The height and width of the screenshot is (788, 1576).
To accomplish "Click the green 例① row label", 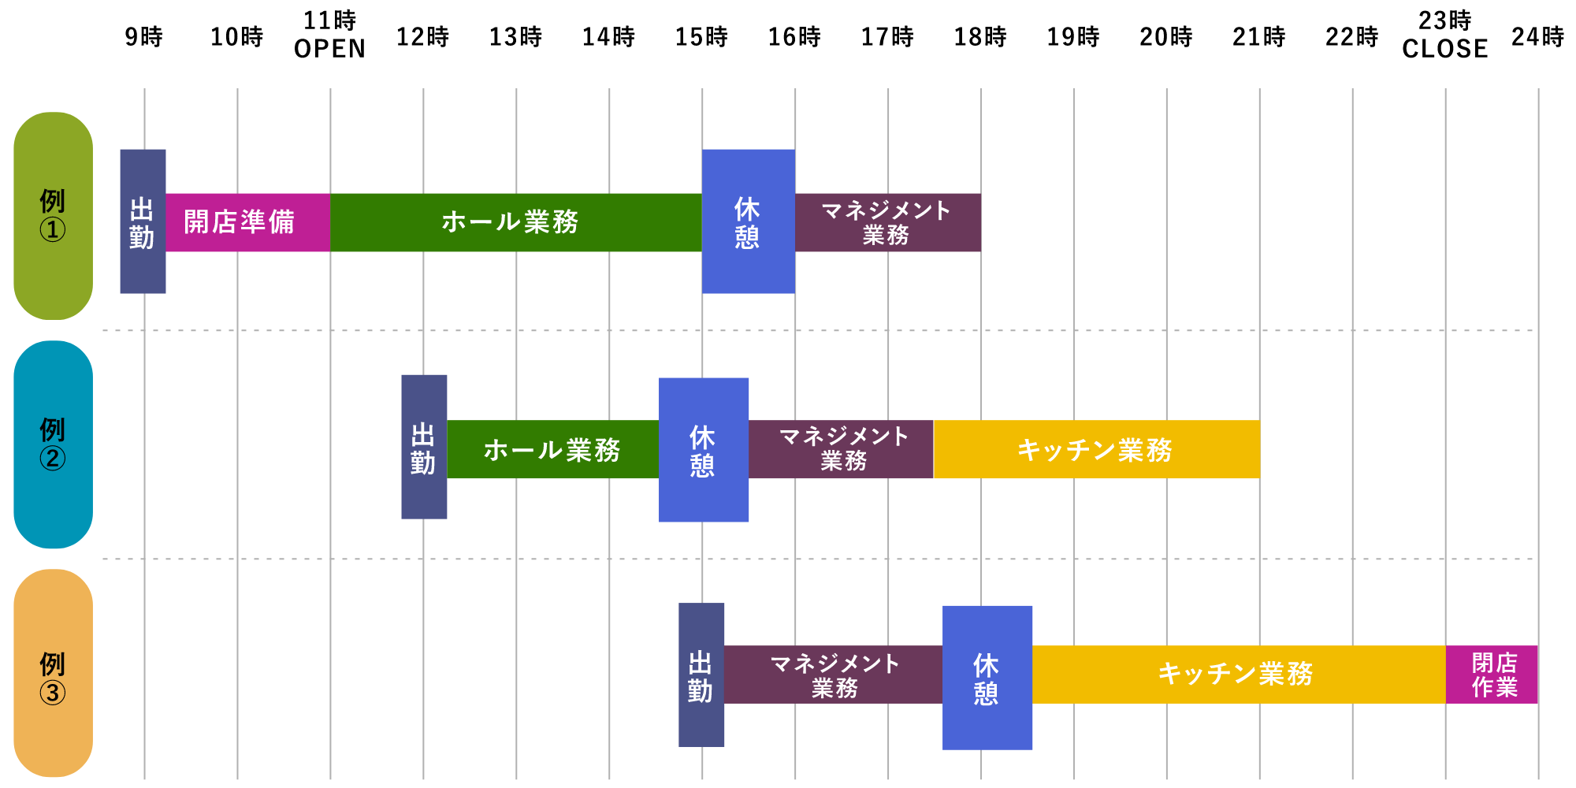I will click(x=53, y=215).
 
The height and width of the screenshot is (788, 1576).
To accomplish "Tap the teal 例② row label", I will click(x=53, y=444).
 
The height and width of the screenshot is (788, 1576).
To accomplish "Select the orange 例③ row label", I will click(x=53, y=672).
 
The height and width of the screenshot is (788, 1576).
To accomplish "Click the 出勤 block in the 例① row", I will click(x=143, y=221).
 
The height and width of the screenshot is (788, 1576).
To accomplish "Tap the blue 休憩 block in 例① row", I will click(x=748, y=221).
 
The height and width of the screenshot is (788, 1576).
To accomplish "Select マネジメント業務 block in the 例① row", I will click(x=887, y=222).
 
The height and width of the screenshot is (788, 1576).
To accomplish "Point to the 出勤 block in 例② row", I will click(x=424, y=447).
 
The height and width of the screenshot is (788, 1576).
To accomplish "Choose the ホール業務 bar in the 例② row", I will click(x=552, y=449).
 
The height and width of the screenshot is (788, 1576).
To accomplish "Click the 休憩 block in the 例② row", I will click(x=704, y=450).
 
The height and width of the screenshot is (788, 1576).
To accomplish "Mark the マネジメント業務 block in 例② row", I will click(x=841, y=449).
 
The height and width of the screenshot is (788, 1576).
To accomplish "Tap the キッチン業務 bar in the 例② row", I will click(x=1096, y=449).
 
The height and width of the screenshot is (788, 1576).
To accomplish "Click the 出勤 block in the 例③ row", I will click(x=701, y=675).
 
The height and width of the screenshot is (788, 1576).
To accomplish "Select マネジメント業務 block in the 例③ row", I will click(x=833, y=675).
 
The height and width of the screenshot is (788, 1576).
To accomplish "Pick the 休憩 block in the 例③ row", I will click(x=987, y=678).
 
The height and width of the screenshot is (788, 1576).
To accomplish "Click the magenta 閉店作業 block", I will click(x=1492, y=675).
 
